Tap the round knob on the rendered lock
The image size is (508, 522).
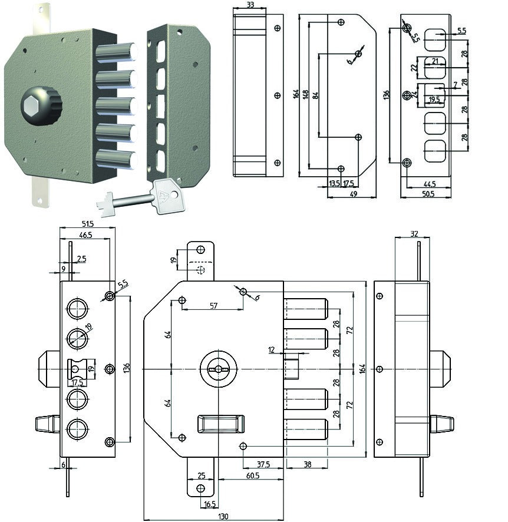(41, 106)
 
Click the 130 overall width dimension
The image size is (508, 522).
(223, 516)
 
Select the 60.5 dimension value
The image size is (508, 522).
(253, 475)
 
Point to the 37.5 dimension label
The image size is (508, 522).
(263, 464)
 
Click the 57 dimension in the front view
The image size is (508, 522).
(213, 306)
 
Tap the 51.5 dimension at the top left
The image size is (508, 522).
(87, 224)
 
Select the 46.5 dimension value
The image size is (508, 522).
(85, 235)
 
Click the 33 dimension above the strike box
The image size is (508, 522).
(250, 5)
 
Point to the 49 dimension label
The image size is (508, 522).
(354, 194)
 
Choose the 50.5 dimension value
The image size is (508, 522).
(428, 194)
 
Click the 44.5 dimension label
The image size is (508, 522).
(430, 184)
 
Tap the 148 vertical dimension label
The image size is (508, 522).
(306, 94)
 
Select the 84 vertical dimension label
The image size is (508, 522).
(316, 95)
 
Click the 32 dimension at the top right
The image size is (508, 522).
(414, 234)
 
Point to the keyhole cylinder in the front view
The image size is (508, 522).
(219, 369)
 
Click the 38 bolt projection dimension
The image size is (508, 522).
(307, 464)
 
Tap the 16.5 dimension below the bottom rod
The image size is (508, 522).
(209, 504)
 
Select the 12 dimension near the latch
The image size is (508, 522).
(271, 350)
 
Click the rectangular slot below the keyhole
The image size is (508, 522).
(221, 424)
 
